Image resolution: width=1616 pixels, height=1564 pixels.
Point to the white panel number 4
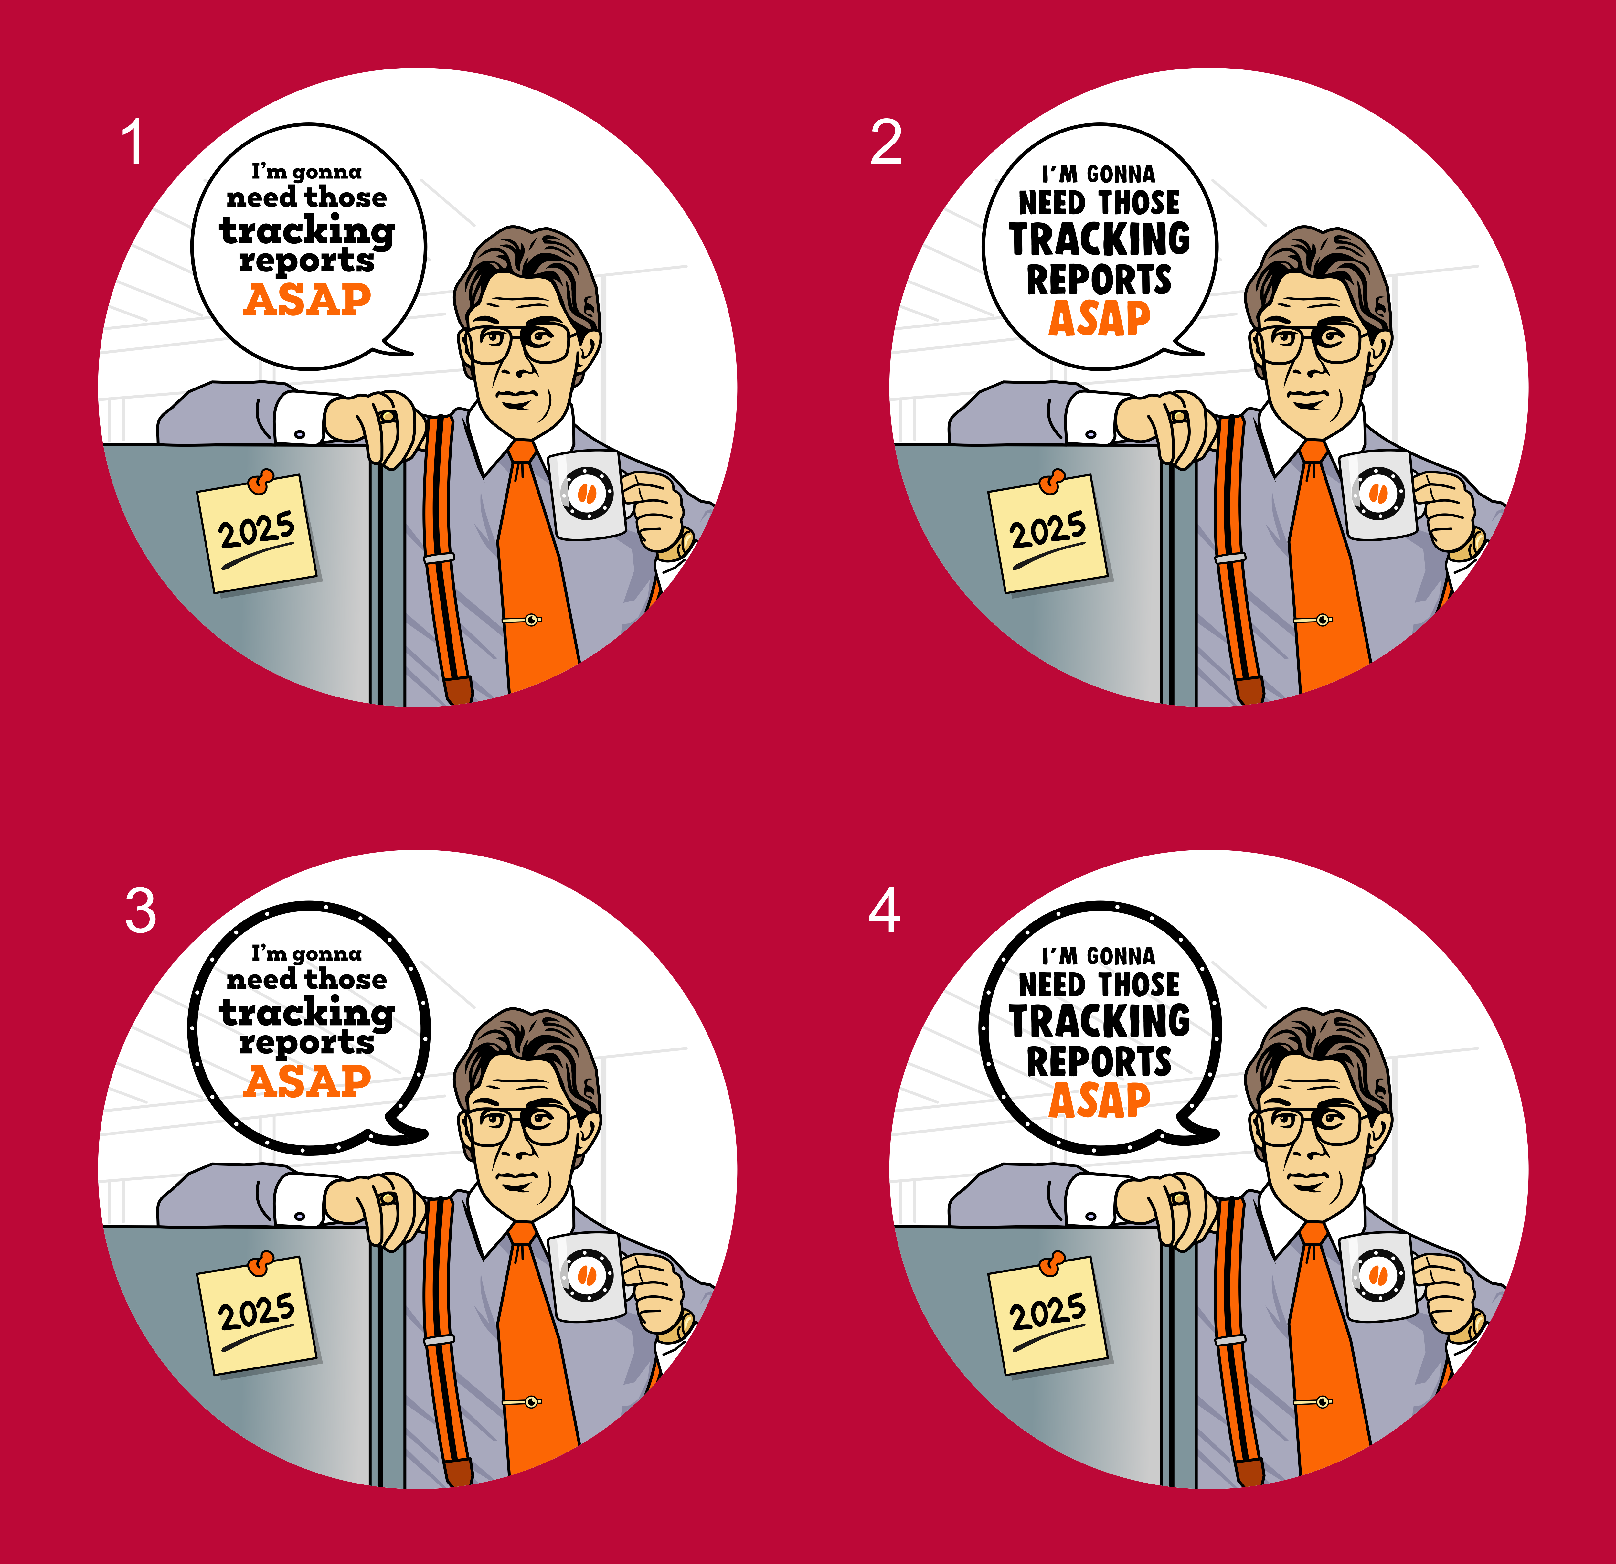[x=885, y=911]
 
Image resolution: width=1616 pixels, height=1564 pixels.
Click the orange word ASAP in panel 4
[x=1099, y=1100]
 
